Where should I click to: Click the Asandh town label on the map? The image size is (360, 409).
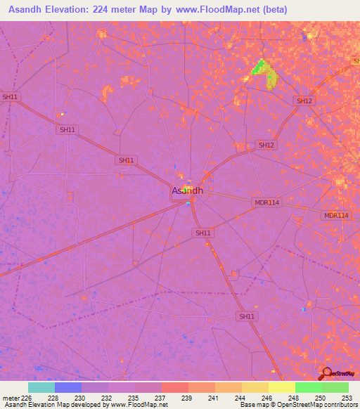coord(188,190)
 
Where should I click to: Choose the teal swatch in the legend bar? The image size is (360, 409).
coord(41,387)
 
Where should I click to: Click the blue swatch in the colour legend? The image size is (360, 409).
coord(68,387)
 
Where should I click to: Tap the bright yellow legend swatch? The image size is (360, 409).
coord(281,387)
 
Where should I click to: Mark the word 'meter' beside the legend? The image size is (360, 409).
coord(8,398)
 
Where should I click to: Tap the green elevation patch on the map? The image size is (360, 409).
coord(259,67)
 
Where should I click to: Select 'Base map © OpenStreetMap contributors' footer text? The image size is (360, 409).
coord(297,405)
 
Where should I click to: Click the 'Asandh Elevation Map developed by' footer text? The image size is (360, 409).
coord(53,405)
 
